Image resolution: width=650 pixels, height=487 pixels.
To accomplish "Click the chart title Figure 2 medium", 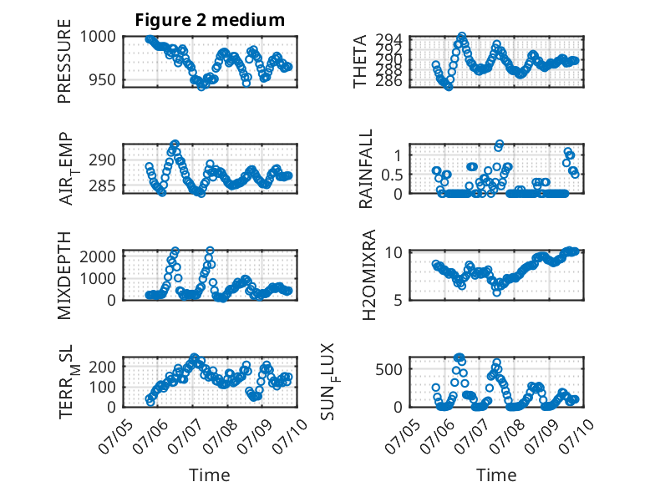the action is [210, 20].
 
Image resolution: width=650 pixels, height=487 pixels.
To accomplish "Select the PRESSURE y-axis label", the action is [64, 61].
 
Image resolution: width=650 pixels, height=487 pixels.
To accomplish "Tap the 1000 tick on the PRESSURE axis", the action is [98, 37].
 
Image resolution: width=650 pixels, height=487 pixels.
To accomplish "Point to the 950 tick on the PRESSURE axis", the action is [103, 79].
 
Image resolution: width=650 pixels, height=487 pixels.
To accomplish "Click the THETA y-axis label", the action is [360, 61].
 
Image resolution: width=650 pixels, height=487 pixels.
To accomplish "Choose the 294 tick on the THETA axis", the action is [389, 40].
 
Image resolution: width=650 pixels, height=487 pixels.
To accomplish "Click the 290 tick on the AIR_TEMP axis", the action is [103, 160].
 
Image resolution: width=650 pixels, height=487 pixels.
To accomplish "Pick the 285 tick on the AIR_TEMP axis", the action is [103, 186].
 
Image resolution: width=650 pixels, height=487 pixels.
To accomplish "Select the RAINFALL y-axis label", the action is [366, 169].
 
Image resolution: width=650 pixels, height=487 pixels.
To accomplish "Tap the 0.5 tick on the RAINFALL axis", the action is [392, 175].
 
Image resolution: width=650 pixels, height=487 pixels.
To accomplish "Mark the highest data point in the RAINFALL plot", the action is [500, 144].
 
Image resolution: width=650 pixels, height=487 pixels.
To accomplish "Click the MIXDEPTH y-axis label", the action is [64, 275].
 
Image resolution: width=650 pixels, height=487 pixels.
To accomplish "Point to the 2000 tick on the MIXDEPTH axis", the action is [98, 256].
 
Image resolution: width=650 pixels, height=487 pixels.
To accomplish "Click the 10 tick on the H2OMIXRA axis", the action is [394, 252].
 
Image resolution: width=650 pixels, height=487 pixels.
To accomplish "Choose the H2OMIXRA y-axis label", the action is [368, 275].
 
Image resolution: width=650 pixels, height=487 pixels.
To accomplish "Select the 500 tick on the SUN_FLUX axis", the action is [389, 369].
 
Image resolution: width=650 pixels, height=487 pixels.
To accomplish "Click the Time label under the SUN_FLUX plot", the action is [496, 474].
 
